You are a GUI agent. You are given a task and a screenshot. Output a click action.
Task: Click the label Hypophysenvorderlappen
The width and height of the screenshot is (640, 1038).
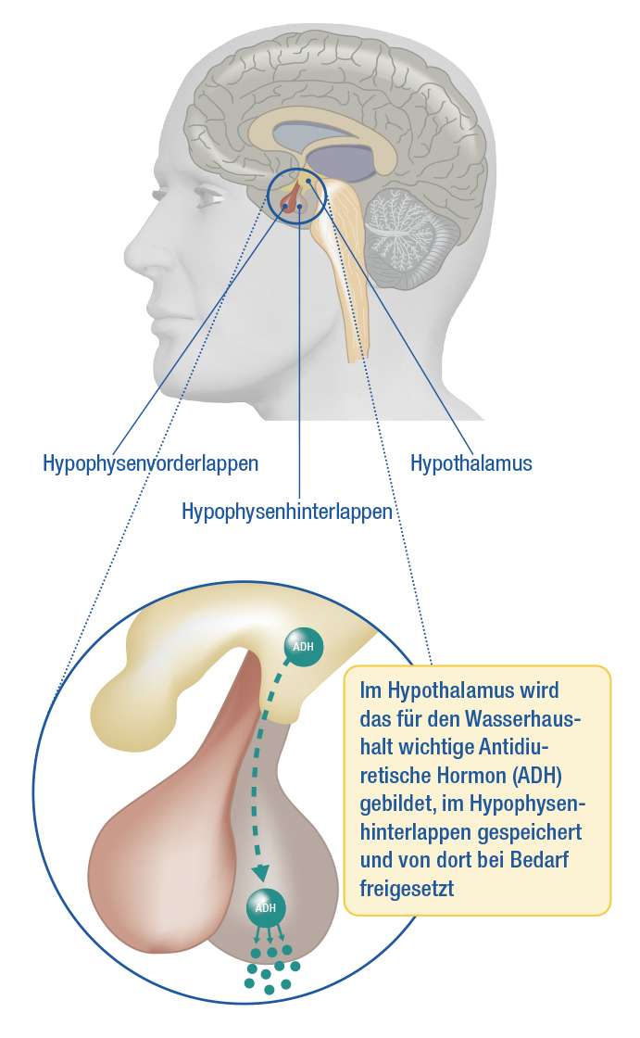pos(150,463)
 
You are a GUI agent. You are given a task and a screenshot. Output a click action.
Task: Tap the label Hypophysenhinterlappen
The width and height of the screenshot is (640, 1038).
pos(287,512)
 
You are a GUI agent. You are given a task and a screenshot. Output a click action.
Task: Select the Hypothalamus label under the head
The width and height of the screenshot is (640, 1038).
pos(471,463)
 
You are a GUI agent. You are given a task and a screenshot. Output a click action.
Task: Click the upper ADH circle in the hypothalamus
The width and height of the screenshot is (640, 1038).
pos(303,647)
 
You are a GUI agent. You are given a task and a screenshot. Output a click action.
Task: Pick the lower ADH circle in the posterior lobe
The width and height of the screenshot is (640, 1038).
pos(266,907)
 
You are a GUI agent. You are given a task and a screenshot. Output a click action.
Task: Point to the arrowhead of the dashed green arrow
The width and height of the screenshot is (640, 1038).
pos(261,872)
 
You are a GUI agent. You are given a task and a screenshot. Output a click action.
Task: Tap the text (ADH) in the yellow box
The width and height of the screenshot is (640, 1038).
pos(535,775)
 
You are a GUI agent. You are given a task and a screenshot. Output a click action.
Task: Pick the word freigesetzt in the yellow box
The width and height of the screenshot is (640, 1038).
pos(407,889)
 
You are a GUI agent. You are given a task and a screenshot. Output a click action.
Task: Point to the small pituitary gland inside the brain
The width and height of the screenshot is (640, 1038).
pos(293,197)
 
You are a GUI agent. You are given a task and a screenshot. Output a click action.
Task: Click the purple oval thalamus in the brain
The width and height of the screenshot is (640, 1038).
pos(344,162)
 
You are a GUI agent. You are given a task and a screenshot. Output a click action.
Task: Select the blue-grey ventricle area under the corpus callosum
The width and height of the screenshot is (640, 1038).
pos(311,135)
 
